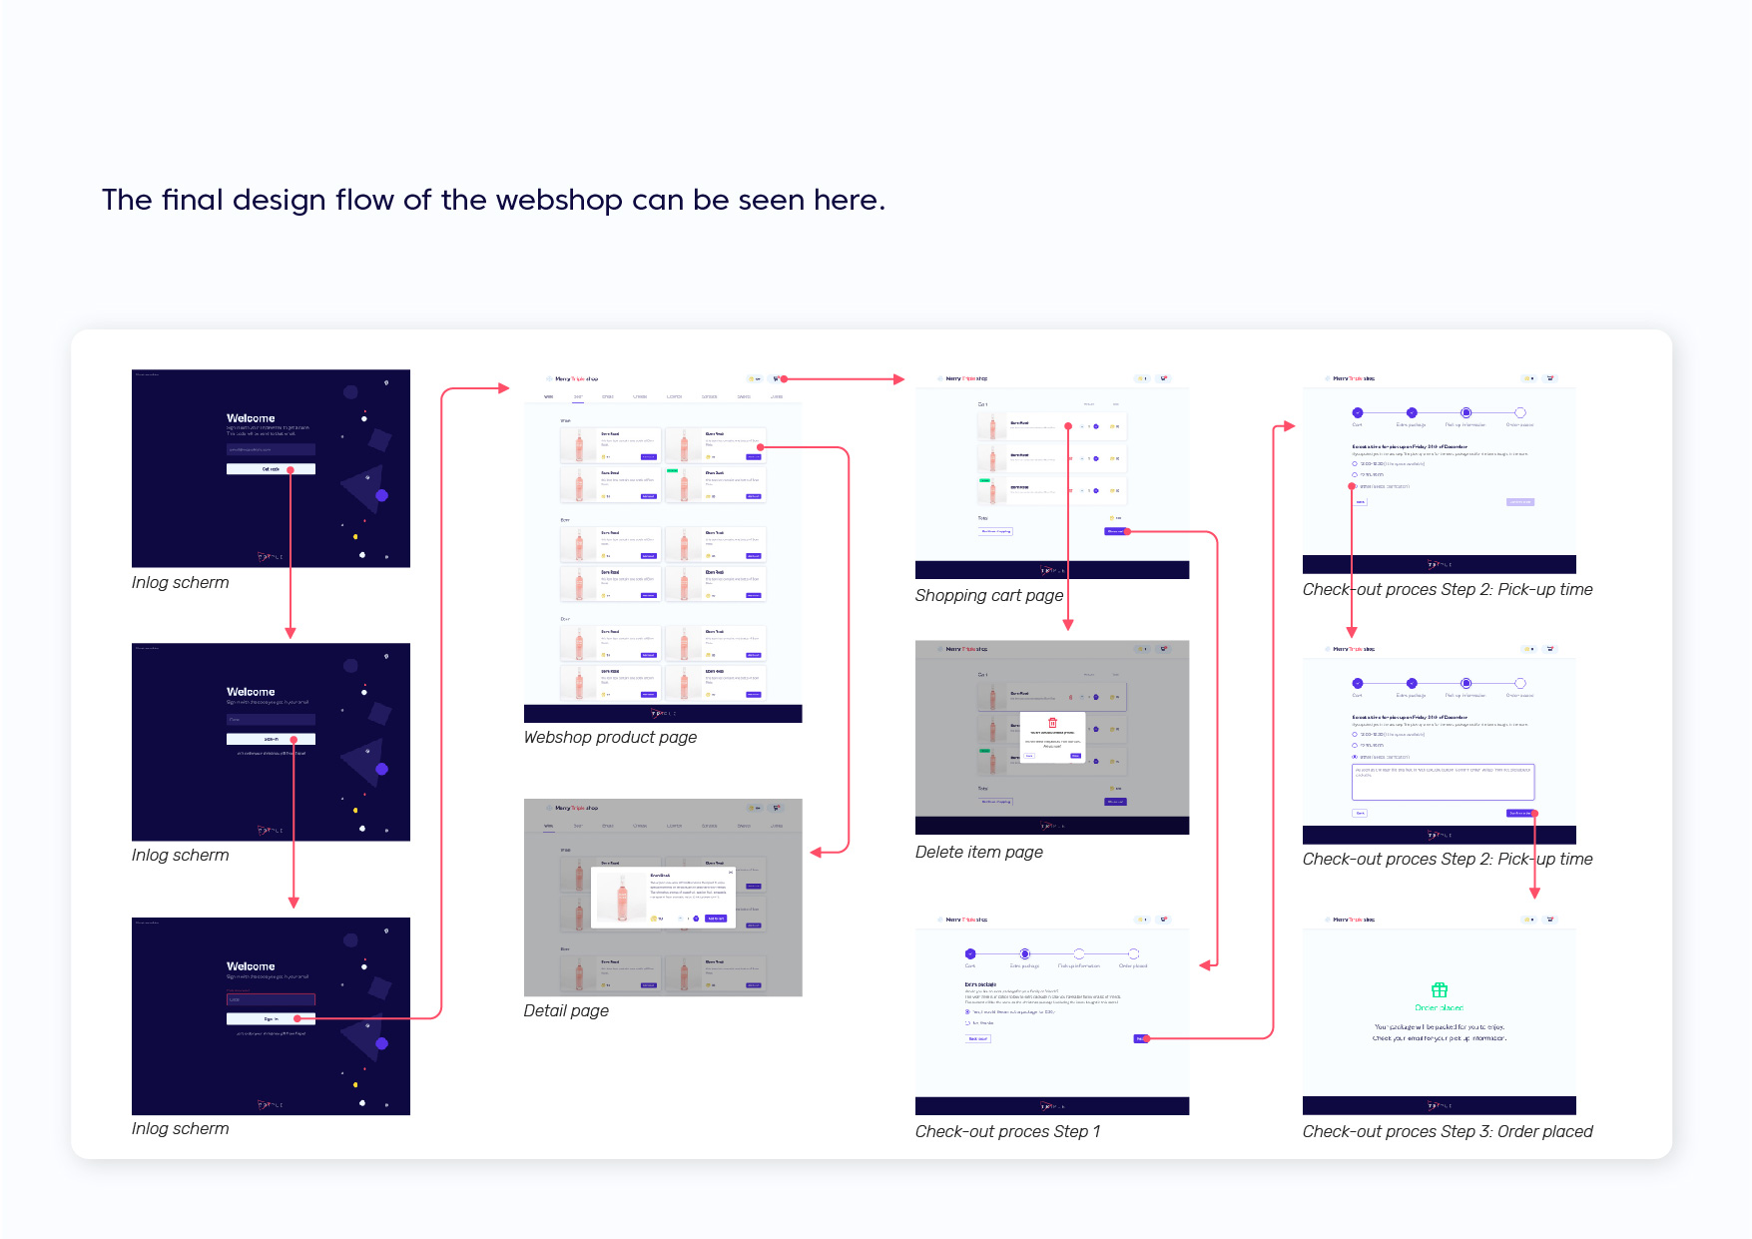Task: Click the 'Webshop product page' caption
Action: tap(610, 738)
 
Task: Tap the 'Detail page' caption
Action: tap(566, 1011)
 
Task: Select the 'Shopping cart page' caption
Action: tap(988, 596)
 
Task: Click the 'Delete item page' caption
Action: tap(978, 853)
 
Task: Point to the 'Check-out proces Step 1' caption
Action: tap(1007, 1132)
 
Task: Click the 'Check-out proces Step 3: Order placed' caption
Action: tap(1447, 1132)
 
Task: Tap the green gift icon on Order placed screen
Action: tap(1439, 990)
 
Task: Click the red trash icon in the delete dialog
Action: tap(1052, 723)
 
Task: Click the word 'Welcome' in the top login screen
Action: tap(251, 418)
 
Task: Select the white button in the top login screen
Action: tap(270, 469)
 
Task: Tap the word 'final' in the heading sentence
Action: tap(193, 201)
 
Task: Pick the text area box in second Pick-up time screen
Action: tap(1443, 782)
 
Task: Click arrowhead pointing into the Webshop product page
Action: tap(504, 388)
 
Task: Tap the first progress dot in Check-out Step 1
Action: tap(970, 954)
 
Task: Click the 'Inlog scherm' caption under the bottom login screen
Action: tap(180, 1129)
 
